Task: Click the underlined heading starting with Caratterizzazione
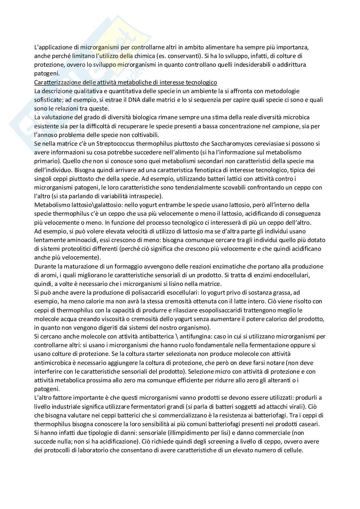click(x=125, y=82)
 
